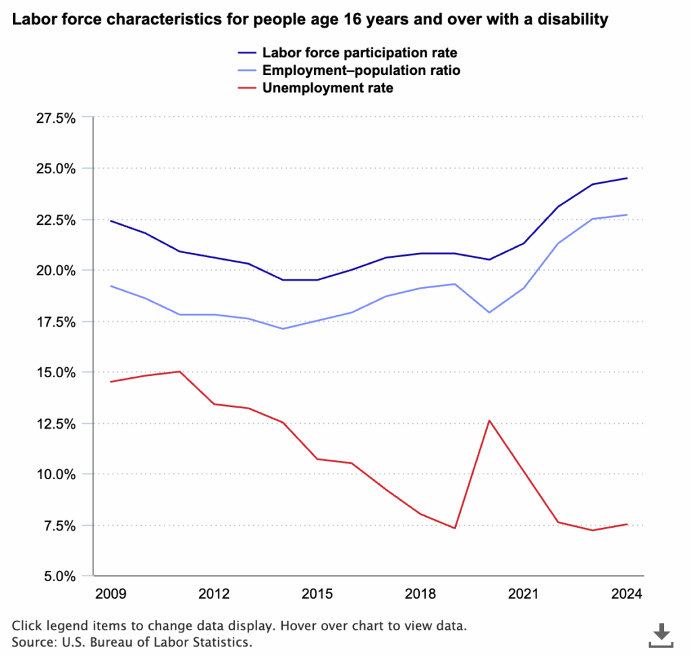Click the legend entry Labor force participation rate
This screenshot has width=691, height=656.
pyautogui.click(x=360, y=53)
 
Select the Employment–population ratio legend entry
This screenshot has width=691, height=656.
pyautogui.click(x=361, y=70)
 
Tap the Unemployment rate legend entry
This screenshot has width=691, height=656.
pyautogui.click(x=328, y=88)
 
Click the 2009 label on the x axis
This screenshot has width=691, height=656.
pyautogui.click(x=111, y=594)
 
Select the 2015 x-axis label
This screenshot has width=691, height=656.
pyautogui.click(x=317, y=594)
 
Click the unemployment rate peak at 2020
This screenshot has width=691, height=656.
pyautogui.click(x=489, y=420)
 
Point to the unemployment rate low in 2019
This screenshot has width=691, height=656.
pyautogui.click(x=455, y=528)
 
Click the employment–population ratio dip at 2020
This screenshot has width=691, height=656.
pyautogui.click(x=489, y=312)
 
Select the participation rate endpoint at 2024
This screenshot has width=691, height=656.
pyautogui.click(x=627, y=178)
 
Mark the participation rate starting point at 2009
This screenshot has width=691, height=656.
pyautogui.click(x=111, y=221)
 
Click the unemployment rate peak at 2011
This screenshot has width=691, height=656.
pyautogui.click(x=179, y=371)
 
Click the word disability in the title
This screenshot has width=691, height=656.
pyautogui.click(x=574, y=20)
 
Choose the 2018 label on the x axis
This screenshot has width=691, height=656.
pyautogui.click(x=420, y=594)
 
